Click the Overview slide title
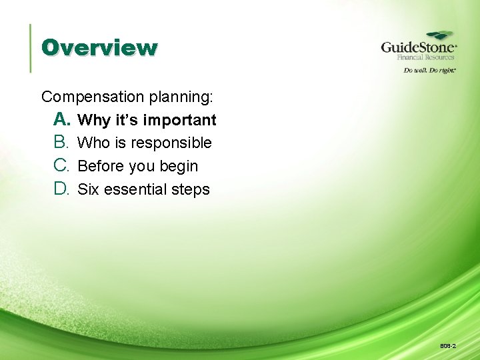pyautogui.click(x=99, y=48)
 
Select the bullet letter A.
pyautogui.click(x=62, y=119)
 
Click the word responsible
pyautogui.click(x=171, y=143)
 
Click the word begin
pyautogui.click(x=178, y=167)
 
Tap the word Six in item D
pyautogui.click(x=88, y=189)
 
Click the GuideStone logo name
pyautogui.click(x=418, y=47)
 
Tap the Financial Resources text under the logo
pyautogui.click(x=426, y=58)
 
